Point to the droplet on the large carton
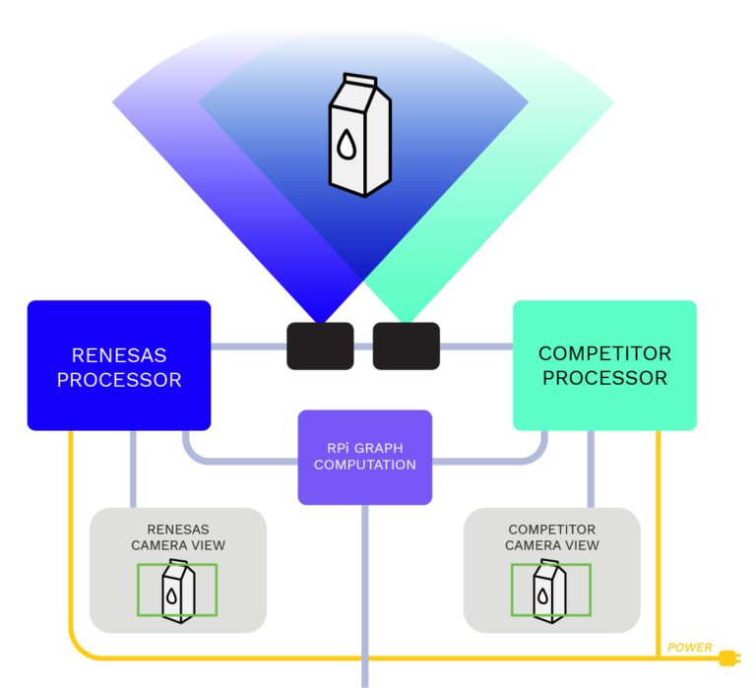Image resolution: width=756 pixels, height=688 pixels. (x=346, y=146)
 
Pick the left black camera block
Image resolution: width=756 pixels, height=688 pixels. (x=320, y=345)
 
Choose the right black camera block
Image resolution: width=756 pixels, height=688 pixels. (x=406, y=345)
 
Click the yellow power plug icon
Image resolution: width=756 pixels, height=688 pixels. (x=728, y=657)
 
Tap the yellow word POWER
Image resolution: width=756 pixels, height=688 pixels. (x=690, y=648)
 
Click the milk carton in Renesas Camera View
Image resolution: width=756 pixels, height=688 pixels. (x=177, y=592)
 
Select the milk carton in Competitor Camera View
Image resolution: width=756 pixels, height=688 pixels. (x=548, y=592)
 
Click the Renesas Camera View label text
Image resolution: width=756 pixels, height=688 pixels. (x=178, y=537)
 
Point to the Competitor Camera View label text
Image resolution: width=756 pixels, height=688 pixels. (x=551, y=537)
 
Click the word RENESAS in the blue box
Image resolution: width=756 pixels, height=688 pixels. (x=119, y=355)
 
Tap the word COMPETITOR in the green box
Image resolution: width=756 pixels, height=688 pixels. (x=604, y=353)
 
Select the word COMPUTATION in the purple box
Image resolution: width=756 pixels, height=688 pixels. (x=364, y=465)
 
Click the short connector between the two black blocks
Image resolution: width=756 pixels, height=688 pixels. (x=363, y=346)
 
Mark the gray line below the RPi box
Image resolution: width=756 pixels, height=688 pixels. (x=364, y=591)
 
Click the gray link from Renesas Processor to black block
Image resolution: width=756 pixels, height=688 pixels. (x=248, y=346)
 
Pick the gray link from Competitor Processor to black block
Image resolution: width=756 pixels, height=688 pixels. (x=476, y=346)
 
